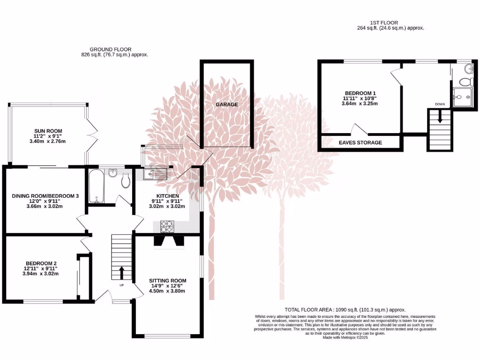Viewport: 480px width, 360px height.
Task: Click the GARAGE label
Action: (x=227, y=105)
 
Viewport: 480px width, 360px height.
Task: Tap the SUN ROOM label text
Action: (x=48, y=131)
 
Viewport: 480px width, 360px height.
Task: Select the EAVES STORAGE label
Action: (x=360, y=142)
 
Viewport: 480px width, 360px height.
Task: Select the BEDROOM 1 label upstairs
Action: (x=360, y=93)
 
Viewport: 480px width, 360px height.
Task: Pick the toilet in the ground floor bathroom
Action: (x=126, y=181)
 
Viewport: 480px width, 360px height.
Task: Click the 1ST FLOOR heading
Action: (x=390, y=22)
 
